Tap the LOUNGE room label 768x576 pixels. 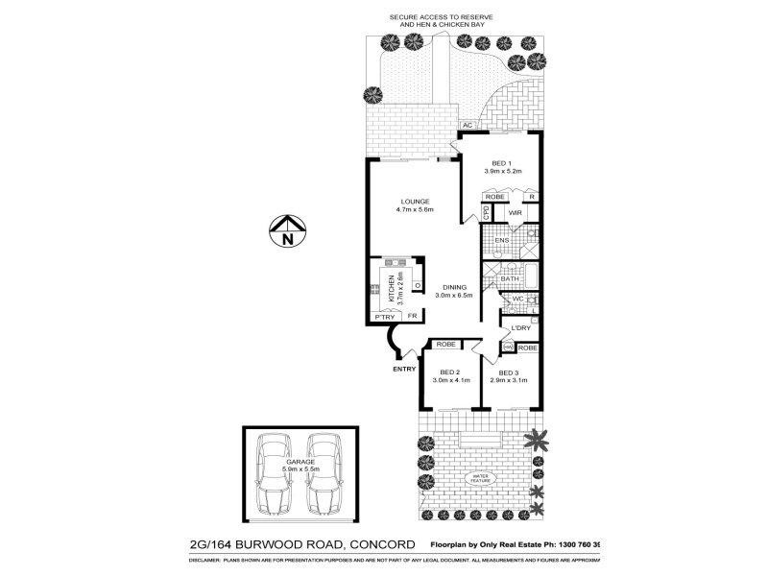click(415, 202)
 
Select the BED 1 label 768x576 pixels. click(501, 163)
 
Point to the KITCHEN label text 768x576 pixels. click(392, 289)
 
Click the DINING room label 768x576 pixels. click(454, 287)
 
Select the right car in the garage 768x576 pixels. click(324, 471)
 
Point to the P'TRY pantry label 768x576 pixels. click(385, 317)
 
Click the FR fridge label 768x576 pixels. click(412, 317)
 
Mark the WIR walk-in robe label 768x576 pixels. click(515, 212)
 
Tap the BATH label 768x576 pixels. click(523, 278)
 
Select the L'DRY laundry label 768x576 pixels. click(521, 328)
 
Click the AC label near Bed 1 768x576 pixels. click(468, 126)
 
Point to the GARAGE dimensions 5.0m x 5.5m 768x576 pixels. click(300, 468)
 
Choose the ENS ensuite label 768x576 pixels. click(500, 240)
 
